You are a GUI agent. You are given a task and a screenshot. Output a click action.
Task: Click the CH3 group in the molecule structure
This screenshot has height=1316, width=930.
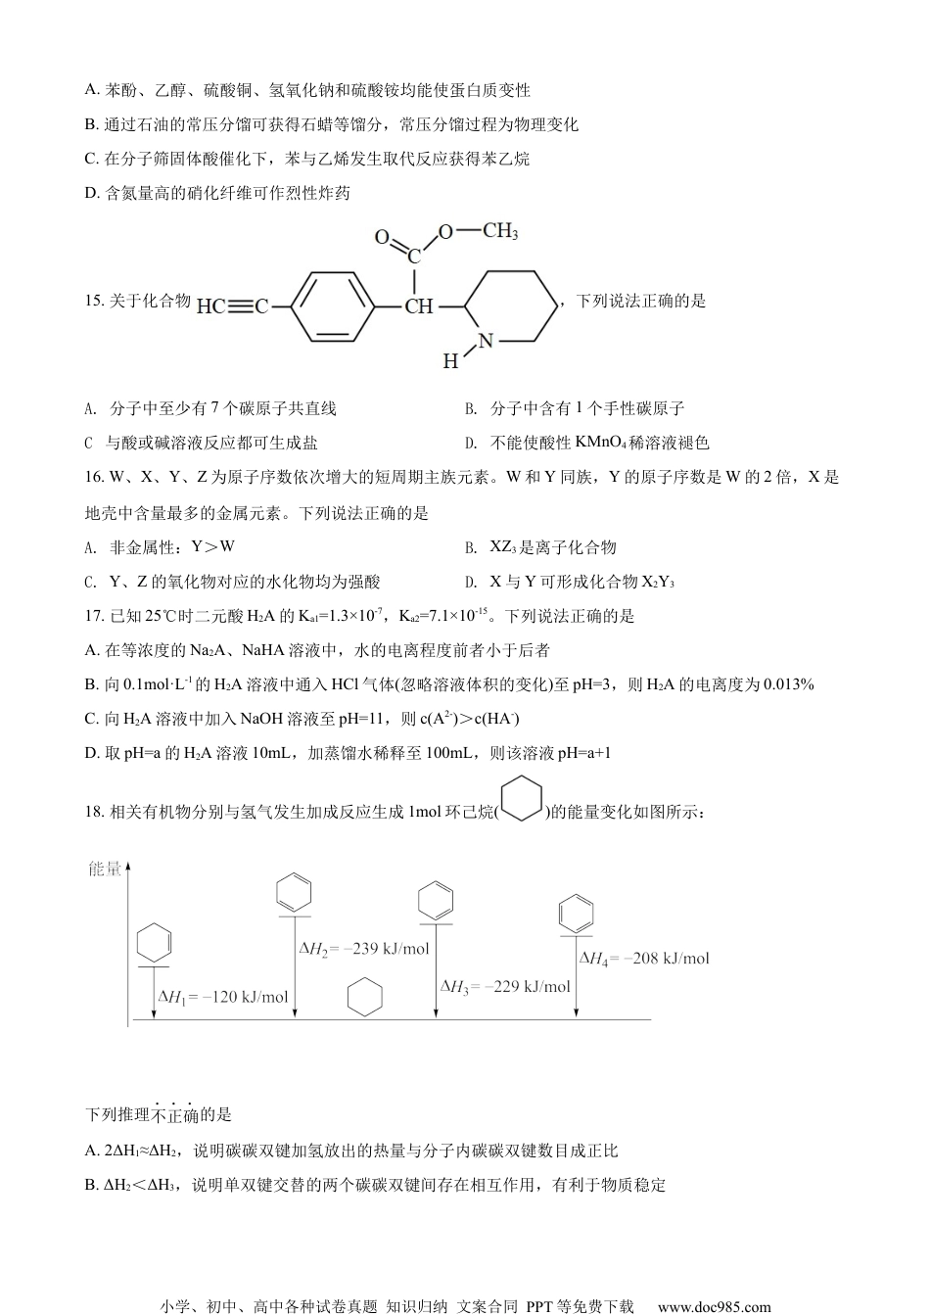click(x=500, y=231)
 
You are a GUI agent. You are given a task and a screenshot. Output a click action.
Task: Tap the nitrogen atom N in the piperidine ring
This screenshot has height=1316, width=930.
click(x=486, y=341)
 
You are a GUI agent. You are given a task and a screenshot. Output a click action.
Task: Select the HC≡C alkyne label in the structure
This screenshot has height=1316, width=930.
click(x=232, y=306)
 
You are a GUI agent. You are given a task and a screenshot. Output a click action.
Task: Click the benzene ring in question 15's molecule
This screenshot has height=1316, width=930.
click(x=333, y=305)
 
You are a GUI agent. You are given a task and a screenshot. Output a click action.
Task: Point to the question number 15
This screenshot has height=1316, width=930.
click(x=94, y=301)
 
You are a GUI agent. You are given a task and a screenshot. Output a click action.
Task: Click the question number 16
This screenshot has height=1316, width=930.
click(x=94, y=477)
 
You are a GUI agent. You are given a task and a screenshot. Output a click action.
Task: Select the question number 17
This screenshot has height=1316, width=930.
click(x=94, y=616)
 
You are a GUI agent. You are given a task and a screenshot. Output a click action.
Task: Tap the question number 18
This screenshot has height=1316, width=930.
click(x=94, y=813)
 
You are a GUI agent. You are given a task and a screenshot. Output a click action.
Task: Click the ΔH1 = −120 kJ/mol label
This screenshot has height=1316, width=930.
click(x=223, y=997)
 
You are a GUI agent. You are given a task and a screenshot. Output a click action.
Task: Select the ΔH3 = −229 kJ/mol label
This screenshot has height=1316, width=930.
click(x=505, y=986)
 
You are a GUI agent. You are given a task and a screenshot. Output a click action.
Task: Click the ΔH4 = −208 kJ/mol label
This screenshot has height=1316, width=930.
click(x=644, y=959)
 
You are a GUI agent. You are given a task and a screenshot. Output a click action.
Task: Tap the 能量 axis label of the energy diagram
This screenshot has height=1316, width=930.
click(x=105, y=869)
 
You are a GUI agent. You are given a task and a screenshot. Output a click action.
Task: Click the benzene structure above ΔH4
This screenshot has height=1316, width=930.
click(x=576, y=914)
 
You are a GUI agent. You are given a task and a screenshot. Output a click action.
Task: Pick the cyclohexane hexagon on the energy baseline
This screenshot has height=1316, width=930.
click(x=365, y=997)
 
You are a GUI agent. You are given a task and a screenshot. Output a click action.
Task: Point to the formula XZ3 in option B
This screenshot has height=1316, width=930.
click(x=503, y=547)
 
